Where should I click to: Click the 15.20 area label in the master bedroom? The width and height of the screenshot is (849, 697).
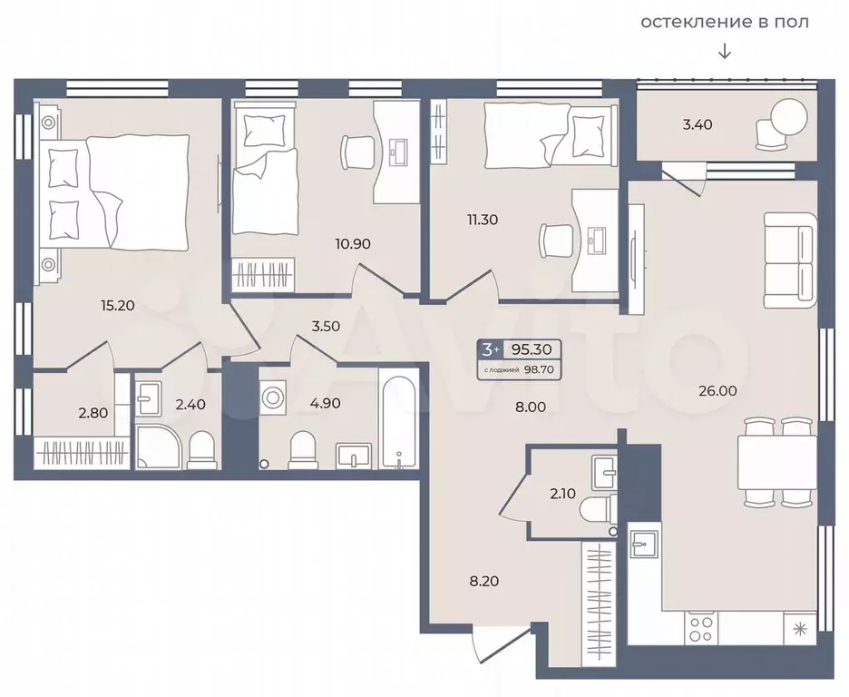[118, 306]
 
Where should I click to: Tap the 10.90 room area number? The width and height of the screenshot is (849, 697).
[353, 244]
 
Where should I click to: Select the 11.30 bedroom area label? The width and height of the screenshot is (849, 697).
[483, 220]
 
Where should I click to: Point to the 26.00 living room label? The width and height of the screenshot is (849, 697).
[717, 390]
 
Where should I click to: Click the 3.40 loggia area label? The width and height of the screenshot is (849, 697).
[698, 124]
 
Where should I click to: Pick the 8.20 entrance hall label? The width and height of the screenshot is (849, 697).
[484, 581]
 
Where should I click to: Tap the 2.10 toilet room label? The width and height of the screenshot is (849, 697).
[562, 494]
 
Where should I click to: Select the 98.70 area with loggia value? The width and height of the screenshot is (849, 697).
[539, 370]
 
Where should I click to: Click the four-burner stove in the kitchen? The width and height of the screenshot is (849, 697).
[701, 628]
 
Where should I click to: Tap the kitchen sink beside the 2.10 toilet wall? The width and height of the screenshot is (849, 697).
[644, 544]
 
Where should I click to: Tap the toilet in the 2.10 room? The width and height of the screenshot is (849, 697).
[597, 509]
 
